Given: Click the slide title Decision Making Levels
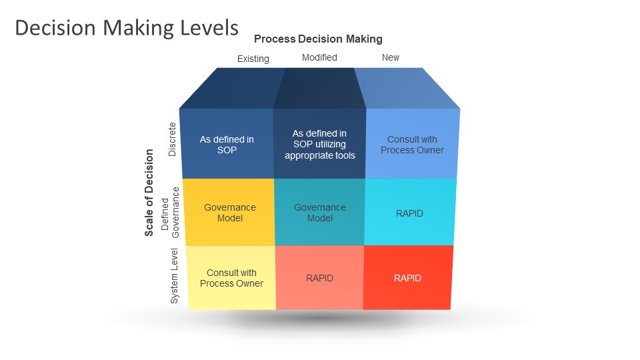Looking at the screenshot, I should click(127, 28).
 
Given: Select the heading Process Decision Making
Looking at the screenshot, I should click(318, 39).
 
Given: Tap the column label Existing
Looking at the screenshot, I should click(253, 59).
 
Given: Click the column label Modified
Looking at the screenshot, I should click(319, 57).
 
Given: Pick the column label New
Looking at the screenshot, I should click(391, 57).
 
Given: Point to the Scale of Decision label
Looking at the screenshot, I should click(149, 193).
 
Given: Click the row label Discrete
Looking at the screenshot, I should click(172, 139).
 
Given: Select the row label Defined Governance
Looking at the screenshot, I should click(171, 212).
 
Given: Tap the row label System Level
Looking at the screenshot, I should click(175, 276).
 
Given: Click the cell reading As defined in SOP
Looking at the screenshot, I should click(227, 145).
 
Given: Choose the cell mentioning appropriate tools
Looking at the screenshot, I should click(319, 145).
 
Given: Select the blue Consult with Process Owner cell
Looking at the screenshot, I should click(412, 145).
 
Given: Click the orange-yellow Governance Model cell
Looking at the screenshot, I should click(229, 213).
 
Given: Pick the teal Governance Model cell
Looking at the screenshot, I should click(320, 213).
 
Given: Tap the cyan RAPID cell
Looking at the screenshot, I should click(410, 213).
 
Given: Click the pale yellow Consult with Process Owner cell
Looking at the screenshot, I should click(231, 278).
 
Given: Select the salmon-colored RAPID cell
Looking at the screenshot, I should click(319, 278).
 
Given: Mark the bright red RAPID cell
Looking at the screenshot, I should click(407, 278).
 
